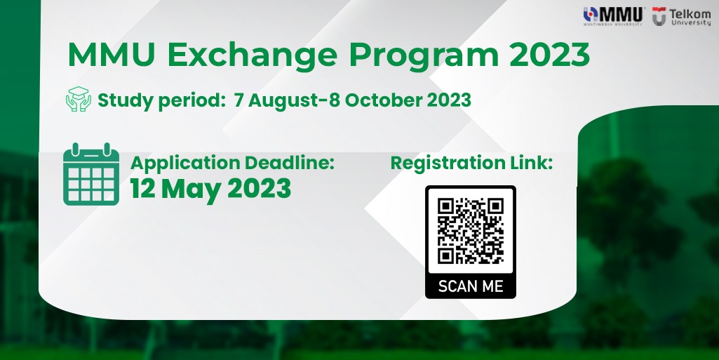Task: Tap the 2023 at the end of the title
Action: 549,55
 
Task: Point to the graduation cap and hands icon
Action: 79,99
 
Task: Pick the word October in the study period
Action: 383,100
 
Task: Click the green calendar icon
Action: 91,174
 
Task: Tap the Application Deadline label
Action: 232,164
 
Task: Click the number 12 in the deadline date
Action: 142,189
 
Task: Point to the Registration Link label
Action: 472,164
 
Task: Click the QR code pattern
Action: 471,231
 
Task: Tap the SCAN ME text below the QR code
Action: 471,286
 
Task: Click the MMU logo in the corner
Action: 614,16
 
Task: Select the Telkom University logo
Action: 681,17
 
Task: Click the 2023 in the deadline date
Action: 259,189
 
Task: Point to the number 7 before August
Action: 238,100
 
